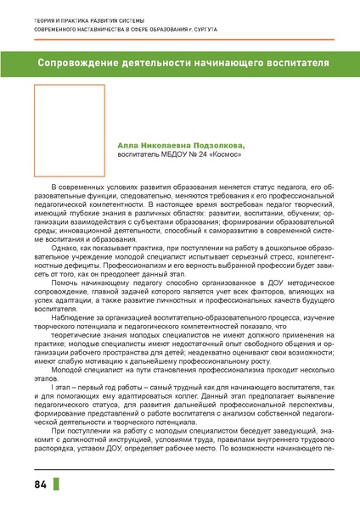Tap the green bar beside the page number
tap(57, 484)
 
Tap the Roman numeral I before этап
tap(53, 385)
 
